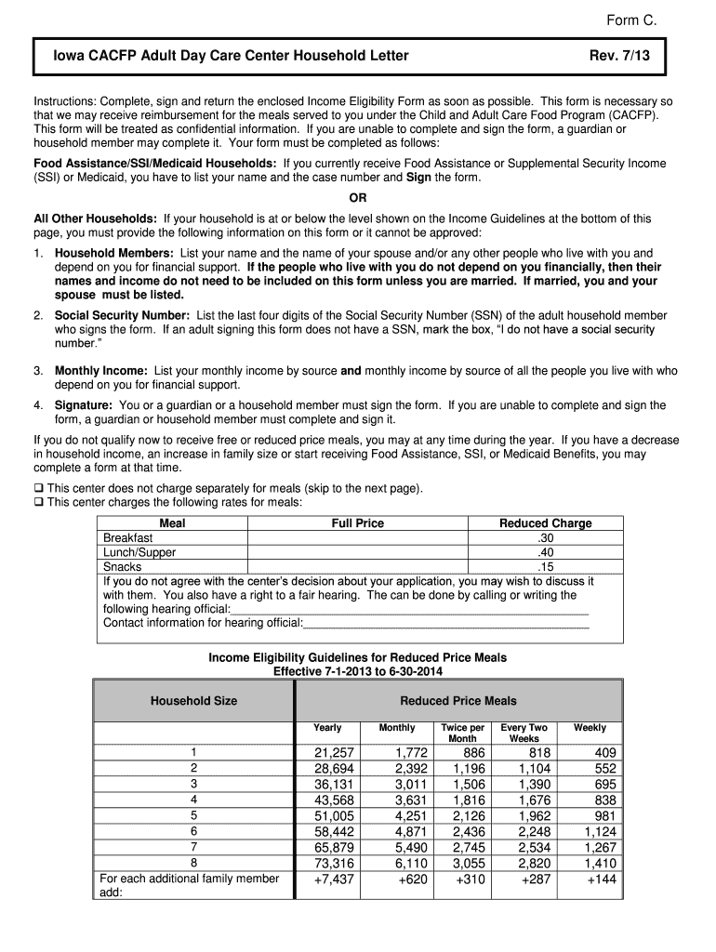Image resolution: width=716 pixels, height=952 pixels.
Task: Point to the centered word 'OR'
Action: [x=358, y=198]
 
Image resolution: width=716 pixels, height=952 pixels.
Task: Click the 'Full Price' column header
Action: [x=357, y=523]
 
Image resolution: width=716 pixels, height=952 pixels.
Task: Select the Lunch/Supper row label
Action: [x=139, y=552]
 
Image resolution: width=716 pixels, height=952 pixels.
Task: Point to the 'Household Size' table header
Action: [x=193, y=700]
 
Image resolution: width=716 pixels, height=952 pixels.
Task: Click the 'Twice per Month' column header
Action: [x=462, y=733]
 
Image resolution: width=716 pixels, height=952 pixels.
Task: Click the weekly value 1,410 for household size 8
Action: [x=601, y=863]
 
